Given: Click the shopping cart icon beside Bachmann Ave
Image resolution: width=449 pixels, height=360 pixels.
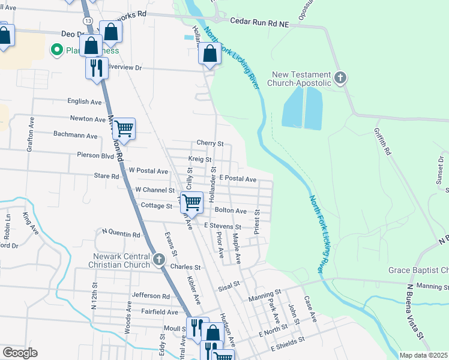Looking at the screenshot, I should pyautogui.click(x=124, y=128).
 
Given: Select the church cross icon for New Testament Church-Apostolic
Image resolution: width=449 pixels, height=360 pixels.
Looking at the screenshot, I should pyautogui.click(x=340, y=77).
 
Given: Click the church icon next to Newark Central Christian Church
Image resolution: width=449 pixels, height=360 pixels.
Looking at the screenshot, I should pyautogui.click(x=158, y=259).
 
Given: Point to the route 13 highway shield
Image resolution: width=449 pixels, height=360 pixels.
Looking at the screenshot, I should pyautogui.click(x=88, y=21).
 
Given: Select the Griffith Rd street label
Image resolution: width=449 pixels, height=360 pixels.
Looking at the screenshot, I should pyautogui.click(x=382, y=142).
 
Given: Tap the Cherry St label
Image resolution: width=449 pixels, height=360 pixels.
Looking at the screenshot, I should pyautogui.click(x=210, y=144).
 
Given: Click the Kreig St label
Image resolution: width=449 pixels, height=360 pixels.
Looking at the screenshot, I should pyautogui.click(x=200, y=160).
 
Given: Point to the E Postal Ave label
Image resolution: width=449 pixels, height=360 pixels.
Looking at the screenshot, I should pyautogui.click(x=238, y=179).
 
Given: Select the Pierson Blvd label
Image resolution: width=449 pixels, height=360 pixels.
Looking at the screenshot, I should pyautogui.click(x=95, y=155).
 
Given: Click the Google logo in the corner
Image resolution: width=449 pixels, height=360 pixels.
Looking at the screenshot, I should pyautogui.click(x=19, y=353).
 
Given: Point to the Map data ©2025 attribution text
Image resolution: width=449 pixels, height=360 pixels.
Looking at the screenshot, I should pyautogui.click(x=423, y=355).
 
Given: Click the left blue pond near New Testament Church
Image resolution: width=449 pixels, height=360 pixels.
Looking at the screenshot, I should pyautogui.click(x=292, y=107).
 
